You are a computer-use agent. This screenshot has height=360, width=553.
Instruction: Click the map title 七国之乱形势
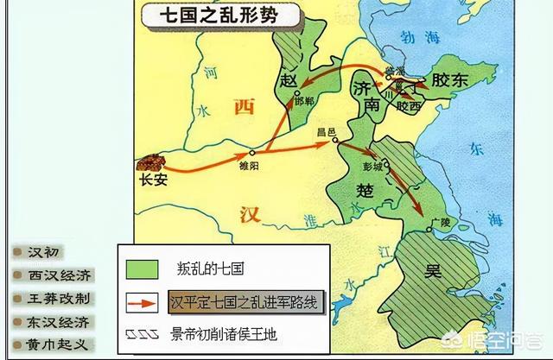click(x=216, y=16)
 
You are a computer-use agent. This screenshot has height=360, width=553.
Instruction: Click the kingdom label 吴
click(x=432, y=271)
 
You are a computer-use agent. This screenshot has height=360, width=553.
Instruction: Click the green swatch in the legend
click(x=142, y=268)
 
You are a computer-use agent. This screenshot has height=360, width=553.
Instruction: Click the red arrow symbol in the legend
click(x=142, y=303)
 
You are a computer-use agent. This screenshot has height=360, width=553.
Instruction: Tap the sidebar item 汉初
click(x=46, y=253)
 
